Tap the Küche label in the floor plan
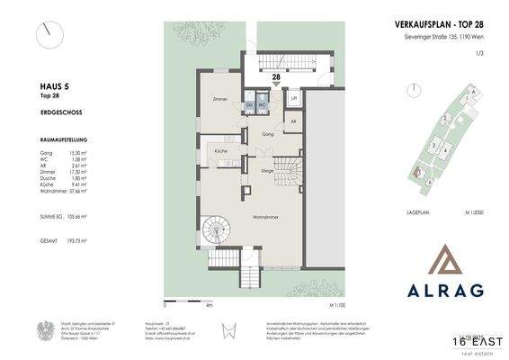tap(219, 151)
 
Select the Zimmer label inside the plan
tap(219, 99)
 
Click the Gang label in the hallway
tap(267, 133)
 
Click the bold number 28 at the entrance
tap(263, 78)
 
